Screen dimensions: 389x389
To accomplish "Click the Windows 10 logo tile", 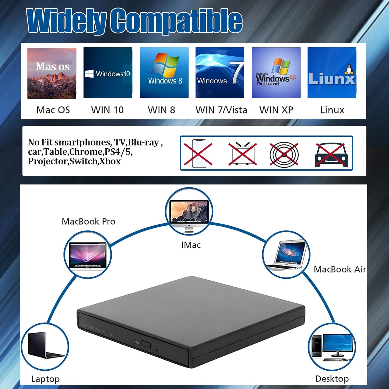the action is tap(108, 73).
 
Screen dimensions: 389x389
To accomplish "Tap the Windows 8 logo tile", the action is tap(164, 73).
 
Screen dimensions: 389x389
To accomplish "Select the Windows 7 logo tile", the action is tap(220, 73).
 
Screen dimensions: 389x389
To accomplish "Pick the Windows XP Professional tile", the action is tap(276, 73).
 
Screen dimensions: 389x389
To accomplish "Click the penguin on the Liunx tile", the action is tap(349, 70).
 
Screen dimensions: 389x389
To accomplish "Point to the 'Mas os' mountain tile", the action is tap(52, 73).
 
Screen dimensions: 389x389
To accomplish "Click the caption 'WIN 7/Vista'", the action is tap(221, 110).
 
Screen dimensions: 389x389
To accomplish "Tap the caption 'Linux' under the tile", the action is tap(332, 110).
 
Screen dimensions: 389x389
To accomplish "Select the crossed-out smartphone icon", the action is tap(199, 154).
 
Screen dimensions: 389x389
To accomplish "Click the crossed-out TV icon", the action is tap(242, 154).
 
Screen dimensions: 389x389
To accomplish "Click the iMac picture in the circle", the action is tap(189, 211).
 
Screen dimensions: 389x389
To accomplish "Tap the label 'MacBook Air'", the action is tap(340, 269).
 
